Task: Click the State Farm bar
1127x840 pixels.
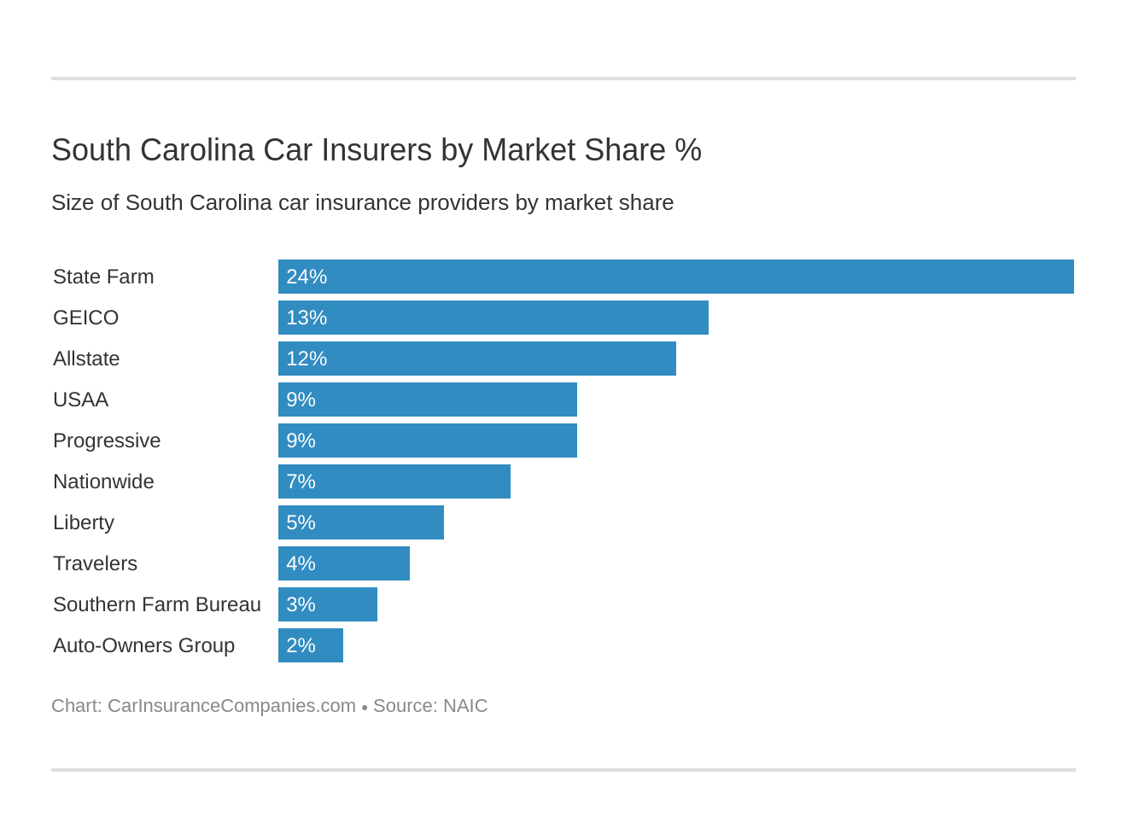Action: point(675,277)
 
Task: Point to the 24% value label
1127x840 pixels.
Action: point(307,277)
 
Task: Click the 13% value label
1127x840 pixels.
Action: point(307,318)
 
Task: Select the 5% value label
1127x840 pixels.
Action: point(301,522)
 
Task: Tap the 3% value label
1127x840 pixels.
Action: point(301,604)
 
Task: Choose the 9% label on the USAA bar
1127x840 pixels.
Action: point(301,400)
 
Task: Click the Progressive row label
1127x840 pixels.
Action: point(107,440)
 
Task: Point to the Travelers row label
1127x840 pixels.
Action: point(95,563)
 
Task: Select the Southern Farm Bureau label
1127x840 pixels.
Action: point(157,604)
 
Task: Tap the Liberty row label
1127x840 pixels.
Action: point(84,522)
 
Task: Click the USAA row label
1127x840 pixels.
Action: point(80,400)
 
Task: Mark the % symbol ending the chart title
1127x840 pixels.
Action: point(688,150)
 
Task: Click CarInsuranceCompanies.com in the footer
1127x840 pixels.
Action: point(231,706)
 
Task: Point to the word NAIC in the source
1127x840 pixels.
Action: point(465,706)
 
